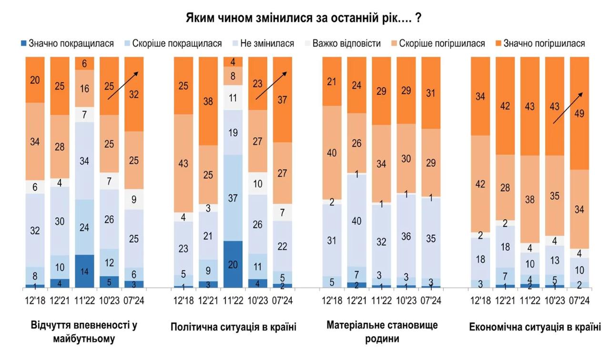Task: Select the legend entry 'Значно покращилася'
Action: [67, 44]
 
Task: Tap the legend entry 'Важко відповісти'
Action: [342, 44]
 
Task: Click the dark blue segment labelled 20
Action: [233, 264]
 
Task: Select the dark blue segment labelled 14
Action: [85, 271]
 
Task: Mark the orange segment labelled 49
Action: [579, 113]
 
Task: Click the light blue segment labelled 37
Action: [233, 198]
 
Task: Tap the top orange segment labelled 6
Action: [85, 63]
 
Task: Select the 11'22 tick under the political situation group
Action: [233, 300]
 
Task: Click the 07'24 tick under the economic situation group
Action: [579, 300]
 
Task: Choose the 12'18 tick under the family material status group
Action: [332, 300]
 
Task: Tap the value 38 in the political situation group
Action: [208, 101]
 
